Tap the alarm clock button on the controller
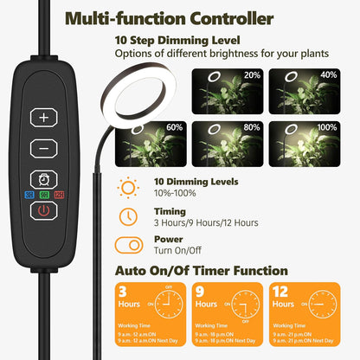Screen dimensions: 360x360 click(43, 177)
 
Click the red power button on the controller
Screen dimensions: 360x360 click(43, 214)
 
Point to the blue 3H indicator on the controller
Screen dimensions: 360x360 click(29, 195)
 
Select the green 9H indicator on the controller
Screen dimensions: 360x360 click(44, 195)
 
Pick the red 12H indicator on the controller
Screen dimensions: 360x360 click(59, 195)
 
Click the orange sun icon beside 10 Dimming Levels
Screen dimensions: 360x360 click(129, 186)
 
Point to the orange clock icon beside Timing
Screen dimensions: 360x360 click(129, 215)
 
